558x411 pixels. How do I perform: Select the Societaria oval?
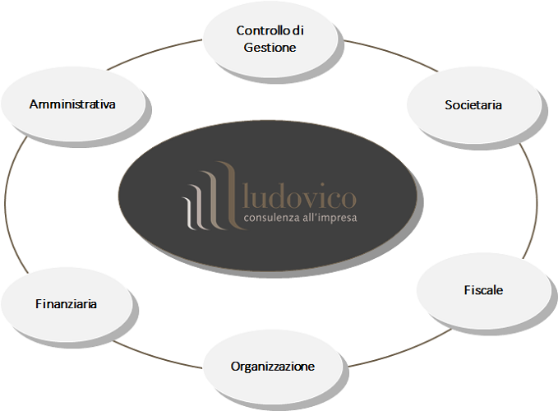click(x=473, y=105)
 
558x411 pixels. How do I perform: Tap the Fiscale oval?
click(x=483, y=291)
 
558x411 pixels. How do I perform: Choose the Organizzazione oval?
click(x=271, y=367)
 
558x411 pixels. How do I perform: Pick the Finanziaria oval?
click(x=67, y=304)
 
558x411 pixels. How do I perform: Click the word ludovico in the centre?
click(x=299, y=198)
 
